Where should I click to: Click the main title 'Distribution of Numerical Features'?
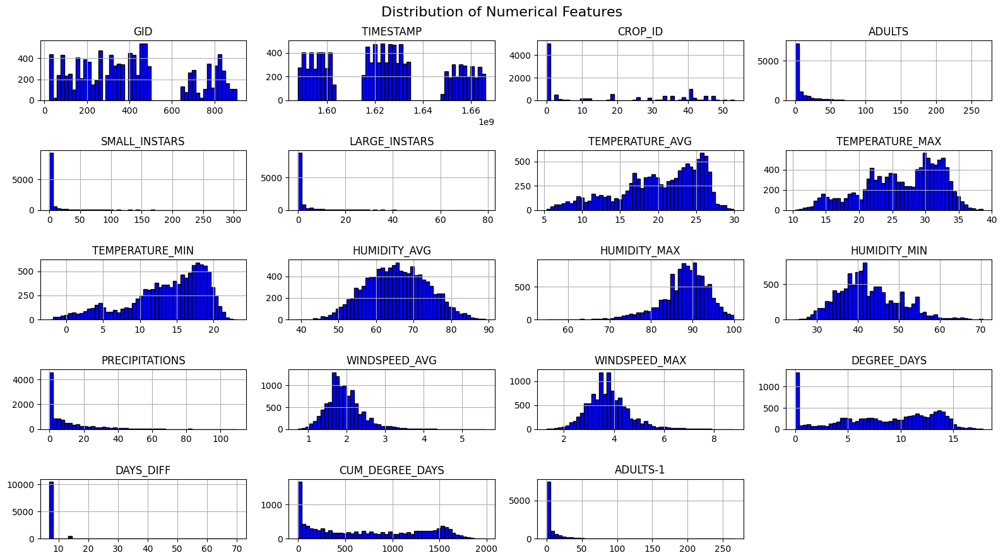pyautogui.click(x=501, y=12)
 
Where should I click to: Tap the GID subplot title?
pyautogui.click(x=143, y=32)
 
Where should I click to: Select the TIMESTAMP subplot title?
pyautogui.click(x=391, y=32)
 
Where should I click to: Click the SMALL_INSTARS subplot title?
pyautogui.click(x=143, y=141)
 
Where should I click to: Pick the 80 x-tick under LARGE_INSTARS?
pyautogui.click(x=487, y=220)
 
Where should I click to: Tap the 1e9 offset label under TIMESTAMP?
pyautogui.click(x=485, y=122)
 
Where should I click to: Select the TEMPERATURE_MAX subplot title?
pyautogui.click(x=888, y=141)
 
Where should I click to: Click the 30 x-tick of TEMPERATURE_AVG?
pyautogui.click(x=734, y=220)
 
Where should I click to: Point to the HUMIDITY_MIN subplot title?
pyautogui.click(x=888, y=251)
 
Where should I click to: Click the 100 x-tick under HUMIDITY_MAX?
pyautogui.click(x=734, y=330)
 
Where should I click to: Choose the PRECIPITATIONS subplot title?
pyautogui.click(x=143, y=360)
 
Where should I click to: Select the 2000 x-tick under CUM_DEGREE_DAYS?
pyautogui.click(x=486, y=549)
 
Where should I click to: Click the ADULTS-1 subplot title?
pyautogui.click(x=639, y=470)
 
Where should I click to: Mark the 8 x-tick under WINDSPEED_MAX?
pyautogui.click(x=714, y=439)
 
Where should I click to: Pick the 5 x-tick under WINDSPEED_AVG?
pyautogui.click(x=462, y=439)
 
